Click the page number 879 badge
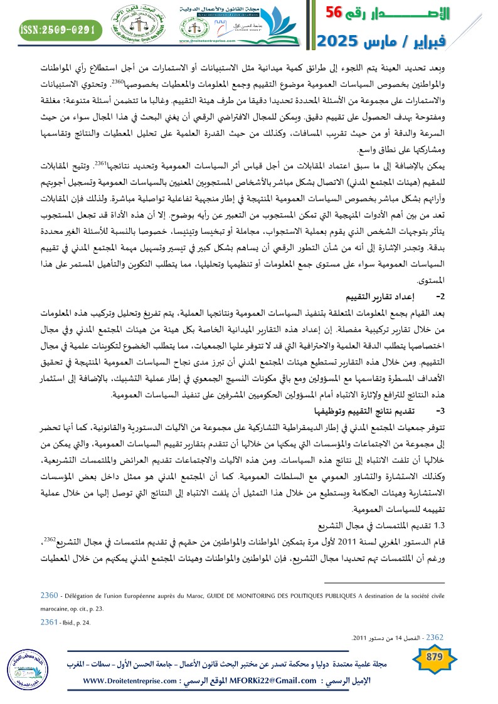click(434, 657)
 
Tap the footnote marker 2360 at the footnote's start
click(50, 594)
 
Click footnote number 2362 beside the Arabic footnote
click(433, 637)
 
